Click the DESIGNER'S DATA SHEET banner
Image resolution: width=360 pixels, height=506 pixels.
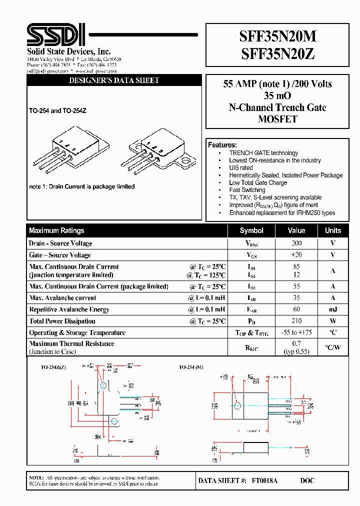click(x=114, y=80)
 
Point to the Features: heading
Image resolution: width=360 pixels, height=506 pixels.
click(x=222, y=145)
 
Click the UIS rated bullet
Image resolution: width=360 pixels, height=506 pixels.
click(x=241, y=168)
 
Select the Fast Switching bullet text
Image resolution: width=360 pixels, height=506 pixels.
click(x=247, y=190)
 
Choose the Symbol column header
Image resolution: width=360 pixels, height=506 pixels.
click(x=251, y=230)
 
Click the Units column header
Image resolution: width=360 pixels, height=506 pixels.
click(x=333, y=230)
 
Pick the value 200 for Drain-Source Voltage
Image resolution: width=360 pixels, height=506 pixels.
click(x=296, y=243)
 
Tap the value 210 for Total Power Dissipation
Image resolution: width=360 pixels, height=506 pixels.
click(x=296, y=321)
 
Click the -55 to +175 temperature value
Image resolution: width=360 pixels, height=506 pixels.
click(x=296, y=332)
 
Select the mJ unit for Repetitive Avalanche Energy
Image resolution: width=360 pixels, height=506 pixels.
click(x=333, y=309)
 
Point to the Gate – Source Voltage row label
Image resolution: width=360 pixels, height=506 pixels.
click(x=60, y=255)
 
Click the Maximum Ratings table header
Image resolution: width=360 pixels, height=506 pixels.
click(x=56, y=230)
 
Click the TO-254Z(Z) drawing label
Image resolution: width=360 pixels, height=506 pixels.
click(x=53, y=367)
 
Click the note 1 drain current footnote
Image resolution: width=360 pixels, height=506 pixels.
click(x=82, y=186)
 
